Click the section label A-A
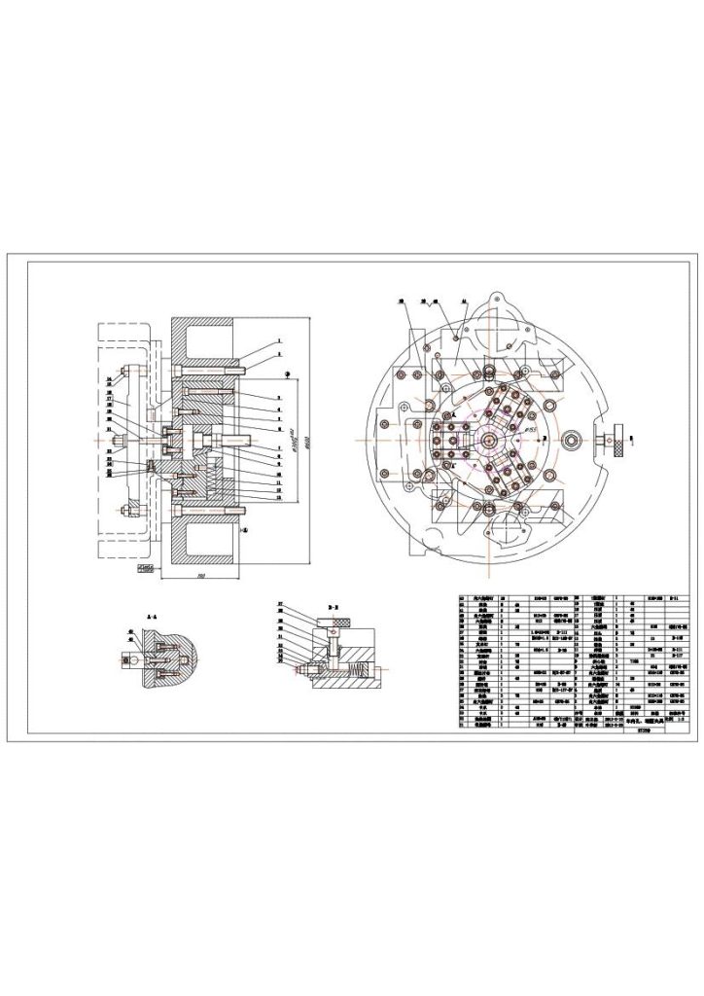[153, 618]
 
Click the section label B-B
[333, 604]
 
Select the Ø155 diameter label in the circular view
[531, 426]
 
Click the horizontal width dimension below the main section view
[199, 576]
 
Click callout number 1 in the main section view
[279, 340]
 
